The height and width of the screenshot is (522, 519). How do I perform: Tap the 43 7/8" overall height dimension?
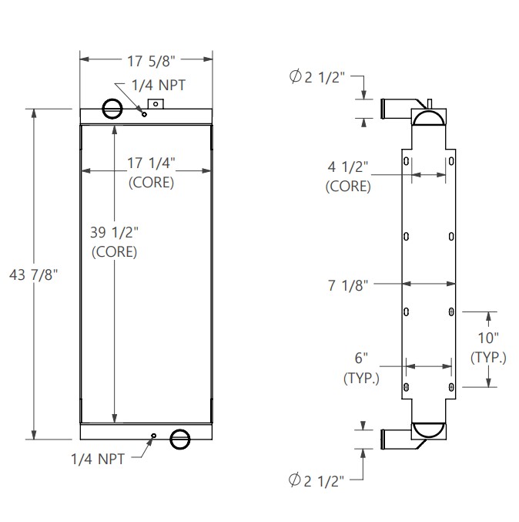click(x=33, y=274)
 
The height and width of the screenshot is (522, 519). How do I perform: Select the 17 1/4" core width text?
click(x=151, y=163)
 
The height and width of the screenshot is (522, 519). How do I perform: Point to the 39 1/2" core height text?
click(x=115, y=231)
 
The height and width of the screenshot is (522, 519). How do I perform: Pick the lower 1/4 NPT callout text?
click(x=96, y=459)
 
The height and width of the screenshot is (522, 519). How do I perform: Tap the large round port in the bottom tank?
click(x=179, y=439)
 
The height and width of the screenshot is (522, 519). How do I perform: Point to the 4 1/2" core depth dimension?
click(x=348, y=166)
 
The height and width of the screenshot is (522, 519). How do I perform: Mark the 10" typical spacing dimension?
click(x=488, y=338)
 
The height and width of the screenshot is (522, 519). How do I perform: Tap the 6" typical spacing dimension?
click(x=360, y=358)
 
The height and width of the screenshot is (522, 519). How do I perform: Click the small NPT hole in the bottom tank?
click(x=153, y=436)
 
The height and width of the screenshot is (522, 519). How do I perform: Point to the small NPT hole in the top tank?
click(x=144, y=113)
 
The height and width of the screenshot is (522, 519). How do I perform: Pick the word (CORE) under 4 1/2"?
click(x=348, y=186)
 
